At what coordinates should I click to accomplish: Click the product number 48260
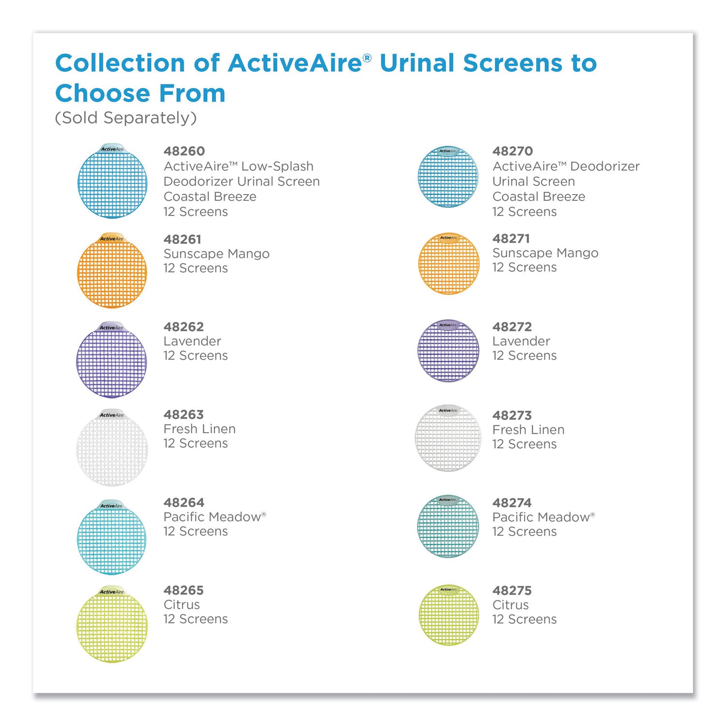click(x=184, y=151)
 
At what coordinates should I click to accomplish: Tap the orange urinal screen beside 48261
click(x=112, y=270)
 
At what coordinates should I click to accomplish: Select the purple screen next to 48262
click(x=112, y=360)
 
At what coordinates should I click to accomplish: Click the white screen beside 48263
click(x=112, y=448)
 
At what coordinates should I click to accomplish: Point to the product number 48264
click(x=184, y=502)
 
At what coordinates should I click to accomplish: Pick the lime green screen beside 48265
click(x=112, y=624)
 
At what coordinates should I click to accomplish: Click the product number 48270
click(x=513, y=151)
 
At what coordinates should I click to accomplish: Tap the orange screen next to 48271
click(x=449, y=263)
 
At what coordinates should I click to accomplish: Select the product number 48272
click(x=512, y=327)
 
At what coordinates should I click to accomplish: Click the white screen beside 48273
click(x=448, y=438)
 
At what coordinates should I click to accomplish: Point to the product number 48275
click(x=512, y=590)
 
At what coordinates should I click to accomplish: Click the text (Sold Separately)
click(x=126, y=118)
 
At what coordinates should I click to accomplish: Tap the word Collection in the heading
click(x=121, y=63)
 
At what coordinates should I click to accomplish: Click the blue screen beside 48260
click(x=112, y=181)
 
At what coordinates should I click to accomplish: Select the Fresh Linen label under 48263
click(x=199, y=429)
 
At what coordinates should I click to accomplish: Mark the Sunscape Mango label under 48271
click(x=545, y=253)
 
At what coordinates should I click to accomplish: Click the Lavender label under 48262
click(x=192, y=341)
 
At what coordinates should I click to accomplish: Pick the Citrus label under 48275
click(x=511, y=605)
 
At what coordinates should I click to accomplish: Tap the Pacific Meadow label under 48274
click(x=544, y=517)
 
